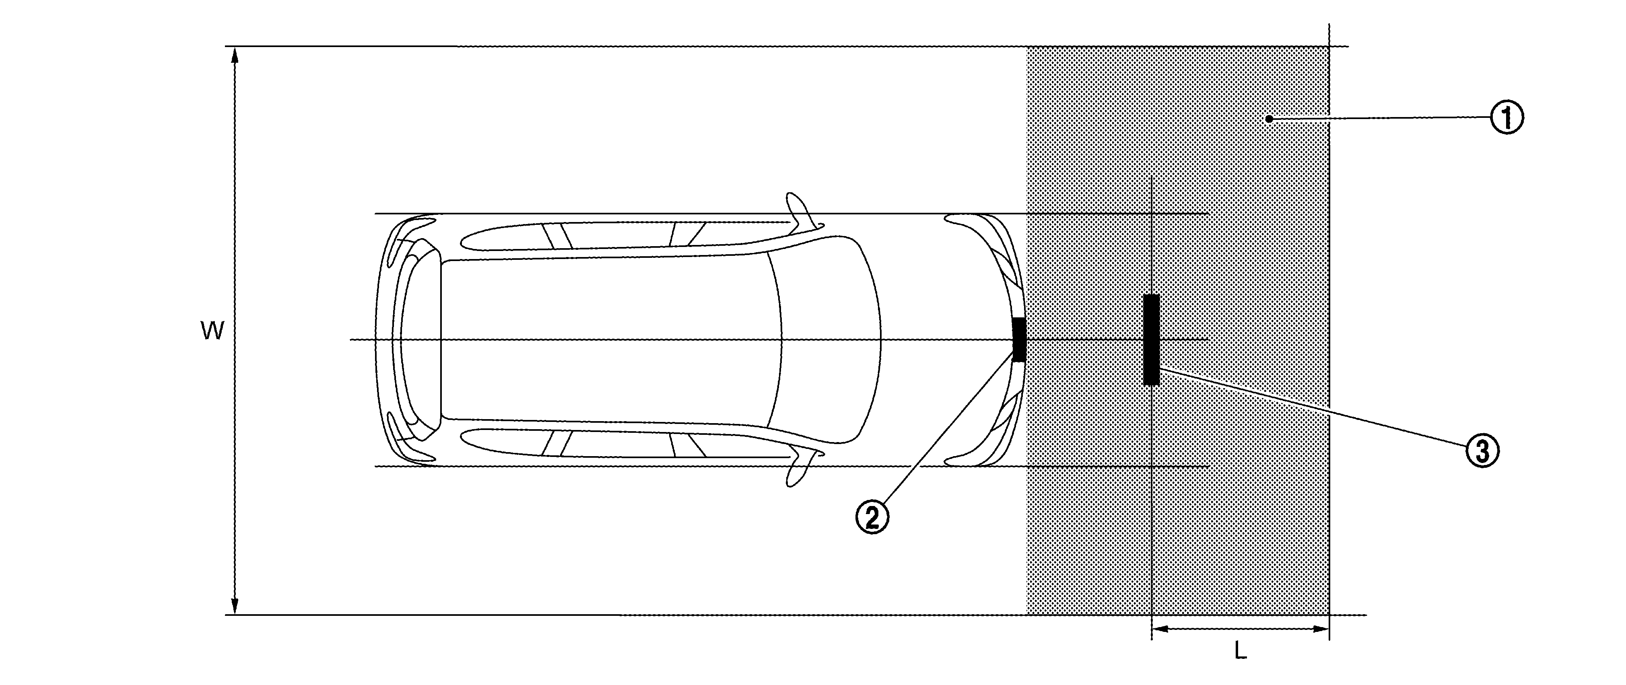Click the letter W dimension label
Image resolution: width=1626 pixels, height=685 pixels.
point(212,331)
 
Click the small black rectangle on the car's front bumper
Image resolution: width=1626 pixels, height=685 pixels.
point(1019,339)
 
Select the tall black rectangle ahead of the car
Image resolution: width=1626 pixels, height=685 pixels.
point(1151,339)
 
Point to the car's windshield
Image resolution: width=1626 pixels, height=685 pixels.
point(827,339)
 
